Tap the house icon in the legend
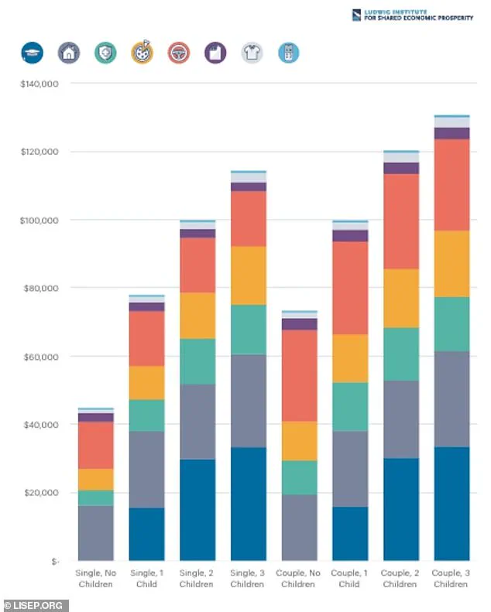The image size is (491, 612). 69,53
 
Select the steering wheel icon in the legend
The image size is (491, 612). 179,53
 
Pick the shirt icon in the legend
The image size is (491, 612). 252,53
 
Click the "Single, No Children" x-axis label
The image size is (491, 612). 96,578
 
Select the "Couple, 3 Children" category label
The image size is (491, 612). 452,578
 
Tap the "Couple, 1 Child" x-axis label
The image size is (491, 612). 350,578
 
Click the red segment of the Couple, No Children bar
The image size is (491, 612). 299,375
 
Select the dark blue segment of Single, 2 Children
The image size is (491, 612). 197,510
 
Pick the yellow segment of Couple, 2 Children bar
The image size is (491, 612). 400,298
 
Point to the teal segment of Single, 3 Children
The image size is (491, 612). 249,330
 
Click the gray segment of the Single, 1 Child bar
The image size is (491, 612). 146,469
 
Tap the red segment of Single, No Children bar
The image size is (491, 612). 96,445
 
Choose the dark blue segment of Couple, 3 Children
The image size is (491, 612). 452,504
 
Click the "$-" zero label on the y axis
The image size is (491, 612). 52,561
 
